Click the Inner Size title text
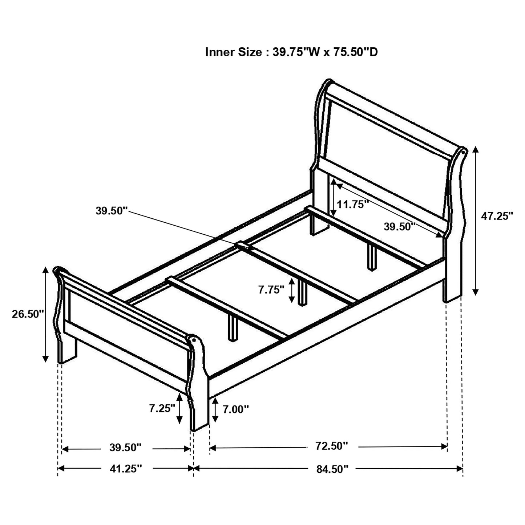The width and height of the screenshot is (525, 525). point(291,52)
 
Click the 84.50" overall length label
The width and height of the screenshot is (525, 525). point(332,469)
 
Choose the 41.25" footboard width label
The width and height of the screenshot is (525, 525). point(125,469)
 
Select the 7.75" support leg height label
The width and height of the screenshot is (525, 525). point(271,290)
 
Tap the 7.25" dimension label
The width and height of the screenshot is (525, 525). point(162,409)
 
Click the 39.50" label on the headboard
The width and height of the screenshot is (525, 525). point(400,227)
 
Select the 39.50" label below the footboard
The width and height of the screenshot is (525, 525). point(125,447)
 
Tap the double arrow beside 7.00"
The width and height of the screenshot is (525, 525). point(215,409)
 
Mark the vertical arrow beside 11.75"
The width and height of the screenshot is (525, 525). point(333,199)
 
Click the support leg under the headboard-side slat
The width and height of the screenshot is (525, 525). point(371,257)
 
